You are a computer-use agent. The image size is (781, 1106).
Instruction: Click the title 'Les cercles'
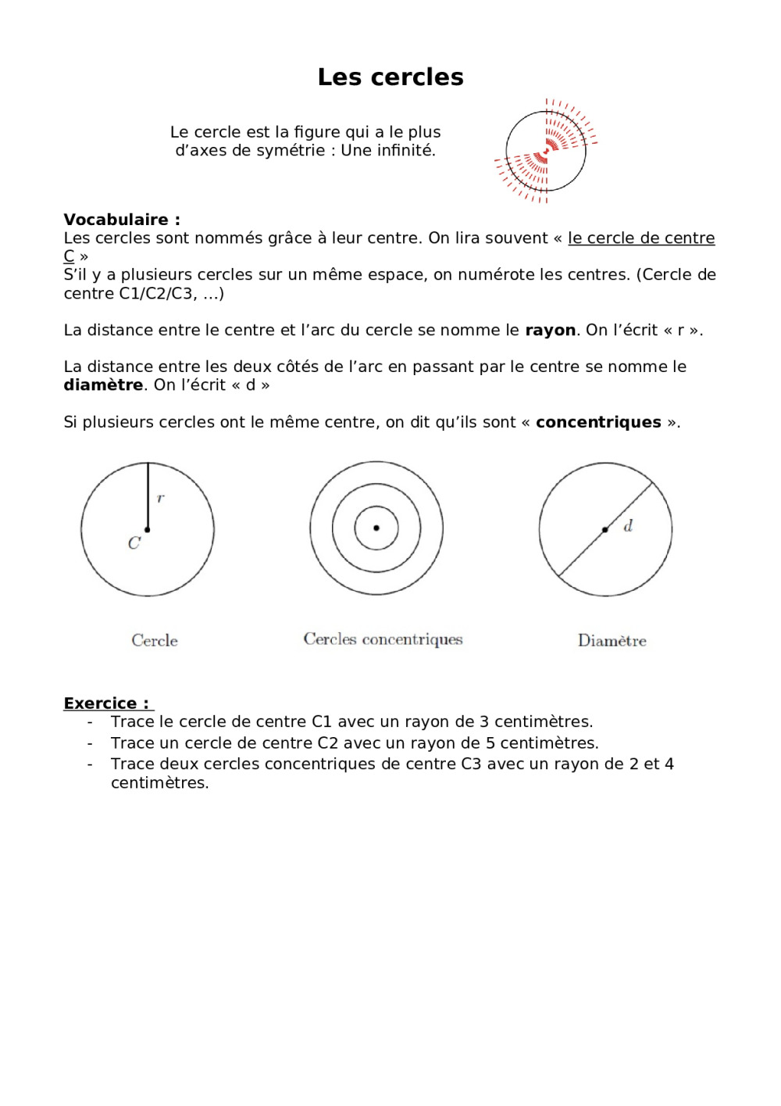pos(390,77)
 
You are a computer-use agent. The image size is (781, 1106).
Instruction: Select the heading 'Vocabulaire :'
pos(122,220)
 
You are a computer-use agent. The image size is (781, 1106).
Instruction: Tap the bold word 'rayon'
pos(550,331)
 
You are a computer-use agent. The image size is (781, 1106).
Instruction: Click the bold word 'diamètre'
pos(103,385)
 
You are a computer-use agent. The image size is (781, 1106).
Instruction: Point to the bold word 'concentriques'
pos(598,423)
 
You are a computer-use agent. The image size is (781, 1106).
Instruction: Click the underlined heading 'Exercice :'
pos(106,703)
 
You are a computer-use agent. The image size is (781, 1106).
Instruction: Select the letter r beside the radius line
pos(161,498)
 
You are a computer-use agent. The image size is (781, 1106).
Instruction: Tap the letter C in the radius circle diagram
pos(134,543)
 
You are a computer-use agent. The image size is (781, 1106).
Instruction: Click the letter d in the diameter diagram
pos(628,526)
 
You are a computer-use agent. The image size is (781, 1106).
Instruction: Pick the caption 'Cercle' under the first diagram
pos(155,641)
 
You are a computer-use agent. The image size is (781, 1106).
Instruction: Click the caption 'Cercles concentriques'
pos(383,639)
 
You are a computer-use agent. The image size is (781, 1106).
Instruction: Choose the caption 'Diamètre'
pos(612,641)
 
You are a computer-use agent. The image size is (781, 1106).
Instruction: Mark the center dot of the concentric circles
pos(376,528)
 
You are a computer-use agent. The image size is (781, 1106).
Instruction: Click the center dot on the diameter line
pos(605,530)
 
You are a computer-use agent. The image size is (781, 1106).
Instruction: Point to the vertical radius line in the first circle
pos(148,496)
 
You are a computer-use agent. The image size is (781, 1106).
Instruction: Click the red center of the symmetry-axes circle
pos(546,151)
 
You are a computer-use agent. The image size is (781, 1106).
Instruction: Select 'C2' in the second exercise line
pos(327,743)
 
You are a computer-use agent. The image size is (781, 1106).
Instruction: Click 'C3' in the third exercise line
pos(471,764)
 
